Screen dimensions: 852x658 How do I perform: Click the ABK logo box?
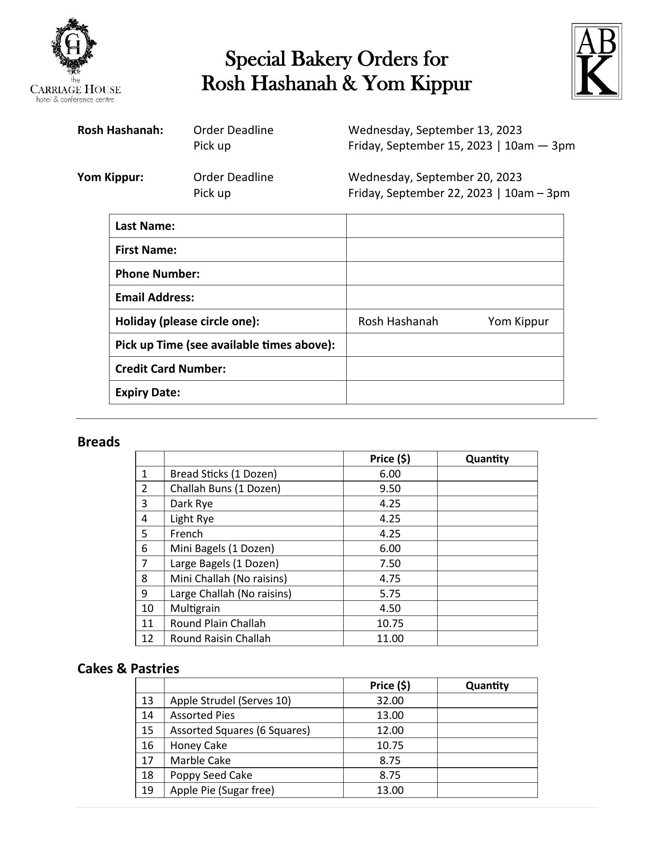596,61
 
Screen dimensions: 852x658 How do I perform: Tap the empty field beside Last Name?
454,226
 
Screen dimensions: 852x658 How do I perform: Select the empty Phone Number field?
454,274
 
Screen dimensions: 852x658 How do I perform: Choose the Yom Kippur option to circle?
518,321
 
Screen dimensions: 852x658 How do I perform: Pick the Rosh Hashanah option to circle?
398,321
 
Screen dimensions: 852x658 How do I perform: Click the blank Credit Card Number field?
454,369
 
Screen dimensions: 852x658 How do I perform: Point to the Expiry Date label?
148,393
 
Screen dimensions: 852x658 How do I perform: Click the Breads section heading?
98,442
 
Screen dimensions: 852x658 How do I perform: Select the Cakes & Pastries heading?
128,669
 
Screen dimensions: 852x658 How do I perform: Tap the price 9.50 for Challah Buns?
390,489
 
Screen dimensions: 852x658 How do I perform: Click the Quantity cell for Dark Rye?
487,504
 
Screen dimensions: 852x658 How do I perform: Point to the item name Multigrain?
195,608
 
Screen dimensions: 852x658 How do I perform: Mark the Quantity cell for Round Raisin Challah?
487,639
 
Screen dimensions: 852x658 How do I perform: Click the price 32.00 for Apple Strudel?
390,701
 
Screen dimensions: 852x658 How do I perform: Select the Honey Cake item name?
198,745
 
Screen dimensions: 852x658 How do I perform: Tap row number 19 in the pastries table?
147,790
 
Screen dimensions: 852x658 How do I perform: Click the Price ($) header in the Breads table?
390,459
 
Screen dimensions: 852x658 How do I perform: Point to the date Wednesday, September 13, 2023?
435,130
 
